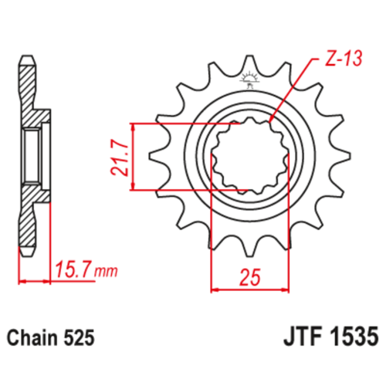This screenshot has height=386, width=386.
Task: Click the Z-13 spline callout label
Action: click(x=344, y=58)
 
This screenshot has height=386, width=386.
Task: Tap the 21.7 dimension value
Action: click(x=120, y=157)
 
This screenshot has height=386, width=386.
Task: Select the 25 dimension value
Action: click(x=250, y=278)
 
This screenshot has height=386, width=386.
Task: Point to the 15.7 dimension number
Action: click(x=73, y=269)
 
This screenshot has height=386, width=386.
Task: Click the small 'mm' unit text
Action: click(x=106, y=272)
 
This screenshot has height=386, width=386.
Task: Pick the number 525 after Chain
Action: click(x=79, y=337)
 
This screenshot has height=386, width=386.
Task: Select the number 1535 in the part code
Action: click(x=355, y=336)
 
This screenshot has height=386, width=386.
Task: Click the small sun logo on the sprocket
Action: click(x=249, y=79)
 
